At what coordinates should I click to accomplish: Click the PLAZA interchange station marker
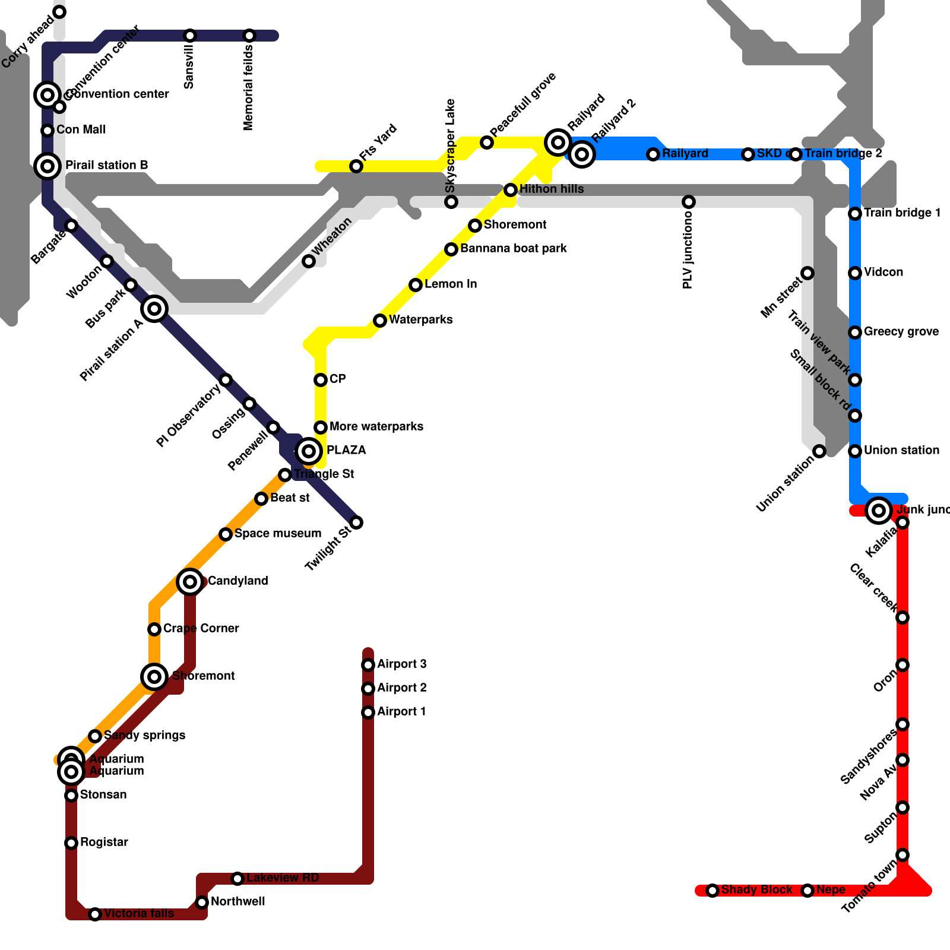[309, 451]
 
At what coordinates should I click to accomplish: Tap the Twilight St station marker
[356, 522]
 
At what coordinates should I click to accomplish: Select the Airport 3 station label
[402, 664]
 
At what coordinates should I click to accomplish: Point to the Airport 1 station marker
[368, 712]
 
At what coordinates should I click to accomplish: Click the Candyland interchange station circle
[190, 582]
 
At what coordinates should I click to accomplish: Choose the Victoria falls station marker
[95, 914]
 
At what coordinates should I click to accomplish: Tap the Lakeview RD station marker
[237, 879]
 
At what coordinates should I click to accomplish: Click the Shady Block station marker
[712, 891]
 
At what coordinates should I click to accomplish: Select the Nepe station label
[831, 889]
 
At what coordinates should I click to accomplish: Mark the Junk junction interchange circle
[879, 511]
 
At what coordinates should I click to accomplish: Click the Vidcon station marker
[855, 273]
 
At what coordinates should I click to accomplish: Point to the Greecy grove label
[901, 331]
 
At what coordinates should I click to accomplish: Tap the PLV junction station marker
[689, 202]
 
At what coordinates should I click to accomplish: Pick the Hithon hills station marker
[511, 190]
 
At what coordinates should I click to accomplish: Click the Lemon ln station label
[451, 284]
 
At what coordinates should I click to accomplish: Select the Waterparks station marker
[380, 321]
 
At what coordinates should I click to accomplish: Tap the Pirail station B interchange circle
[47, 166]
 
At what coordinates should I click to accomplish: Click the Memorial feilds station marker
[249, 36]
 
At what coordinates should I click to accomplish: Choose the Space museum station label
[278, 533]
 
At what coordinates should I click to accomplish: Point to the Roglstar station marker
[71, 843]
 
